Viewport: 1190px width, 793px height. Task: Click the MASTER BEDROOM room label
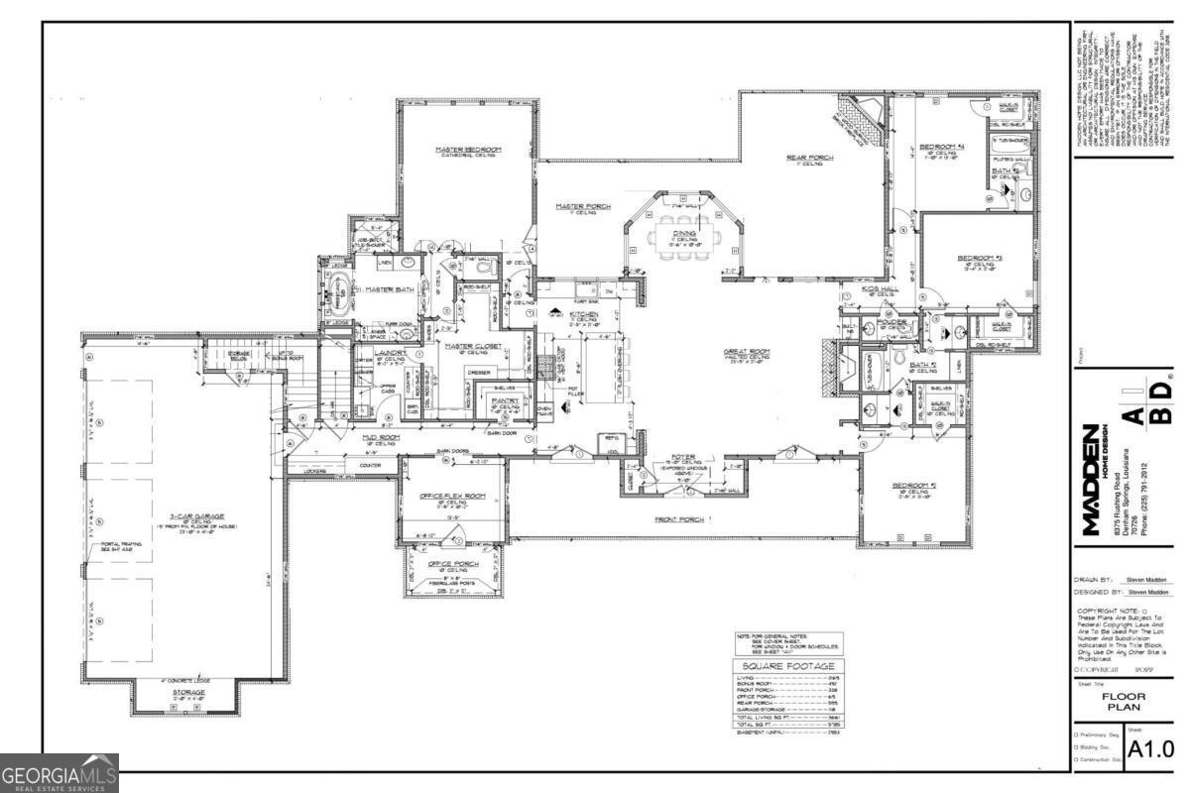(469, 150)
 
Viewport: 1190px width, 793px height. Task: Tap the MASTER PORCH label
(582, 206)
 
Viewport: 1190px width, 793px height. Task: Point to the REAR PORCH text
(809, 158)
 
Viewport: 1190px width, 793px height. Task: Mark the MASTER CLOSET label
(472, 346)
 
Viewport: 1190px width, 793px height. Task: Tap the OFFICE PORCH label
(453, 563)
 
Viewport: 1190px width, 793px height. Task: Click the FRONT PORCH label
(679, 518)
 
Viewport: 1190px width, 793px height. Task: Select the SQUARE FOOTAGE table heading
(788, 666)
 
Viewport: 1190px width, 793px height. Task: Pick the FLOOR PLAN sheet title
(1124, 701)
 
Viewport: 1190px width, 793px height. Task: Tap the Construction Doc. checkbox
(1078, 759)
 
